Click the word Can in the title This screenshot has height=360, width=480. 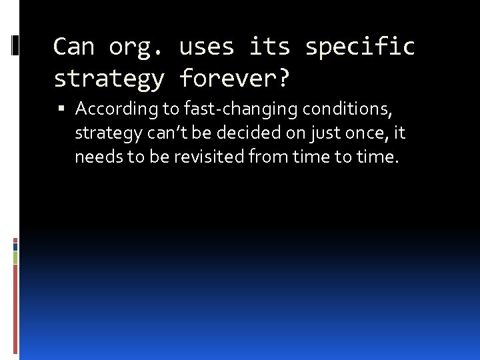(74, 47)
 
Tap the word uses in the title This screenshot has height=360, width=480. (207, 47)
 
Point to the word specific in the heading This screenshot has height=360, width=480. (360, 47)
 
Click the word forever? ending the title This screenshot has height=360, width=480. (235, 79)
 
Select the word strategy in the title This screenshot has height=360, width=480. (109, 79)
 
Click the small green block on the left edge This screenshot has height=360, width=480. (15, 257)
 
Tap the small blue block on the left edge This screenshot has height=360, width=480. (15, 246)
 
